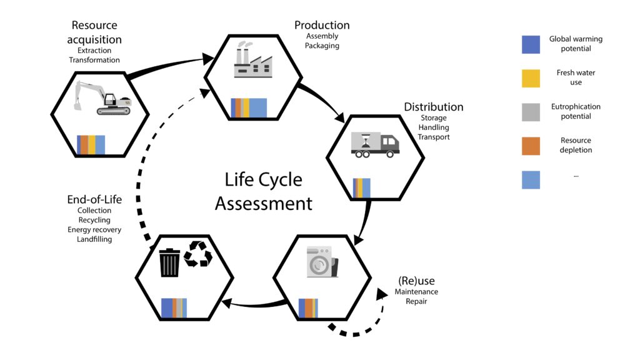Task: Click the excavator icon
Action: tap(102, 97)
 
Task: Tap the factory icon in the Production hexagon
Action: tap(253, 61)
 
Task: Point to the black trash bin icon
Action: tap(169, 262)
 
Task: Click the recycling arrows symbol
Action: tap(199, 255)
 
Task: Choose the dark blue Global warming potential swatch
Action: tap(531, 44)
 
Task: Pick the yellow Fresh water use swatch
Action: tap(531, 78)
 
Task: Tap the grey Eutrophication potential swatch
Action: tap(531, 112)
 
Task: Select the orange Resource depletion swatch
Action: tap(531, 146)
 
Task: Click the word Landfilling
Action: tap(94, 239)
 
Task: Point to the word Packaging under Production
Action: tap(322, 46)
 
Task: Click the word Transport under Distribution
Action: tap(434, 137)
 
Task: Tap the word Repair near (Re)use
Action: tap(416, 301)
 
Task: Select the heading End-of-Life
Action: tap(94, 200)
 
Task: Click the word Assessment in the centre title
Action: tap(263, 203)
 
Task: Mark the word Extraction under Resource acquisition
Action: tap(94, 50)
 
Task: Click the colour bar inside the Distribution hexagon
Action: tap(362, 188)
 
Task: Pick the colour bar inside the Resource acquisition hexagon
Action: tap(91, 144)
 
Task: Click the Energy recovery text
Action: tap(94, 230)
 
